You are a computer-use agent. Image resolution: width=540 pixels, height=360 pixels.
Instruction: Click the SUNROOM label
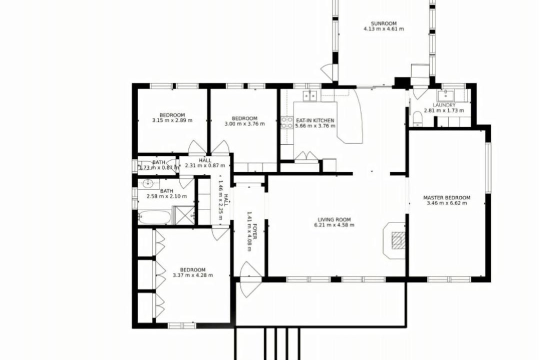383,24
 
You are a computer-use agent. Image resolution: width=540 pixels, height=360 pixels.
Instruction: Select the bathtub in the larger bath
154,217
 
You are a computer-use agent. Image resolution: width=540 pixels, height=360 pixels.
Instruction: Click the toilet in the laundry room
417,118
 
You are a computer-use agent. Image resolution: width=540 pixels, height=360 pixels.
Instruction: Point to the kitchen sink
309,96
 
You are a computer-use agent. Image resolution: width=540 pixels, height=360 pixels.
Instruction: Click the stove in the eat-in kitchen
287,122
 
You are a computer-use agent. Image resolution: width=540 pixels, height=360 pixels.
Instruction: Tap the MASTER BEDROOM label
446,197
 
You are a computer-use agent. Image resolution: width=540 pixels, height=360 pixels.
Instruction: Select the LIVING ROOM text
334,219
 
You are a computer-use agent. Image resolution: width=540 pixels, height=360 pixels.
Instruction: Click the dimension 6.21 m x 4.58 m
334,225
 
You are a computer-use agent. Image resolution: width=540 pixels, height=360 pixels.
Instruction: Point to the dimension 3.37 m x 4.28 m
193,275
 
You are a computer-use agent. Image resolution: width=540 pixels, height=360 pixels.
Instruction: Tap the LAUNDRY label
444,105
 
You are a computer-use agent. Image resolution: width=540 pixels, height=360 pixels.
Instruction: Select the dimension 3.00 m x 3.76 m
244,123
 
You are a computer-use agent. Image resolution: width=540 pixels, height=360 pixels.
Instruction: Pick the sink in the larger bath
148,183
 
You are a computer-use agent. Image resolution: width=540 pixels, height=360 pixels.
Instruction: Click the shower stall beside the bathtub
183,215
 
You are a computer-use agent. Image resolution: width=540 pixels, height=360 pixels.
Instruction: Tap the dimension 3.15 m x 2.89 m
172,120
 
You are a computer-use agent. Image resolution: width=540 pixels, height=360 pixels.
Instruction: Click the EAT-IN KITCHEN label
315,120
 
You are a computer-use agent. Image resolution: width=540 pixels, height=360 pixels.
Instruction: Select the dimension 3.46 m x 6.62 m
446,203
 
